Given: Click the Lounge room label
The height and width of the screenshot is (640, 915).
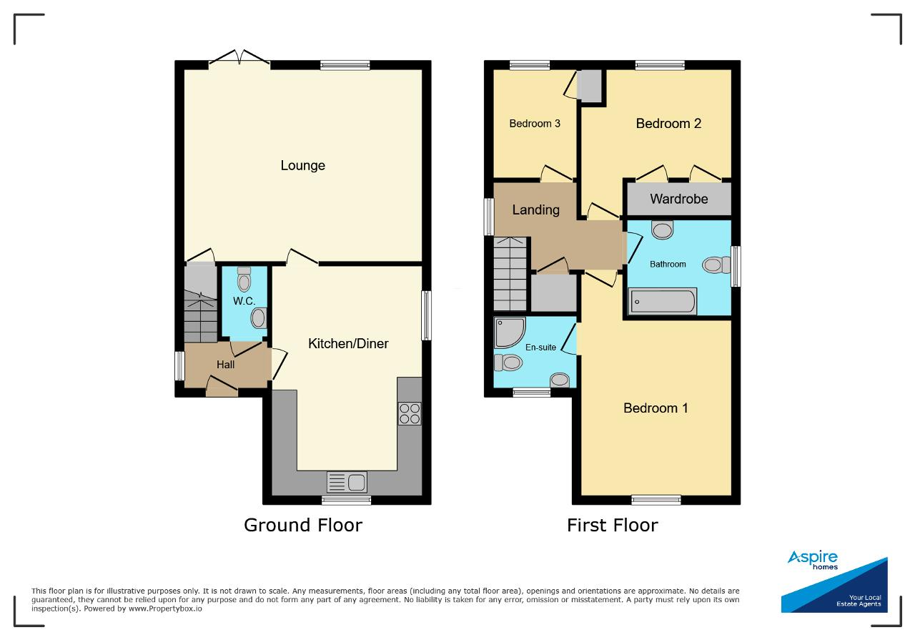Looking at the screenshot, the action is (302, 165).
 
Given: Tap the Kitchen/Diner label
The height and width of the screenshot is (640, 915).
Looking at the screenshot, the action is (348, 343).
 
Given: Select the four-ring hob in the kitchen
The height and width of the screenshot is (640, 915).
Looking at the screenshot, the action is (410, 413).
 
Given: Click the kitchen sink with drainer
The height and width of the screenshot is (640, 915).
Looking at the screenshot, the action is (347, 482).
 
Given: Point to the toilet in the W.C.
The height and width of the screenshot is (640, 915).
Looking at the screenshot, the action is (244, 279).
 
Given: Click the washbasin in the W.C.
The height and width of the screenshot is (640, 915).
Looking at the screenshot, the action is (259, 318).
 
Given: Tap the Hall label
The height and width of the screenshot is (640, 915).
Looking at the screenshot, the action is (225, 365).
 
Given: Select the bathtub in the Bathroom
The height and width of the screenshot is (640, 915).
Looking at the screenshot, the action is (662, 302).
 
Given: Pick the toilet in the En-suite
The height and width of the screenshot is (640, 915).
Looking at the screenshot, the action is (508, 363).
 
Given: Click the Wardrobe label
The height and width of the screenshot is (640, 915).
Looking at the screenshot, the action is (679, 199).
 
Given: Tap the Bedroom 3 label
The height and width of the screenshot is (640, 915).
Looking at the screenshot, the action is (534, 124).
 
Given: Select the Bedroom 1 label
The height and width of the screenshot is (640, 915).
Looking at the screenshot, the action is (656, 408).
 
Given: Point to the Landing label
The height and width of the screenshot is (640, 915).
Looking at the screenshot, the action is (536, 210).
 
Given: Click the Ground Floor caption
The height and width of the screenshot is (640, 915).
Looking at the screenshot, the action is (303, 525).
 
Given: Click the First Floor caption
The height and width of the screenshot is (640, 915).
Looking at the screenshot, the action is (613, 525).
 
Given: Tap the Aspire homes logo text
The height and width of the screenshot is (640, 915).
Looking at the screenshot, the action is (813, 560).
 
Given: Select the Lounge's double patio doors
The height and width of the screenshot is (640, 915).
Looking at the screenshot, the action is (239, 57).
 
